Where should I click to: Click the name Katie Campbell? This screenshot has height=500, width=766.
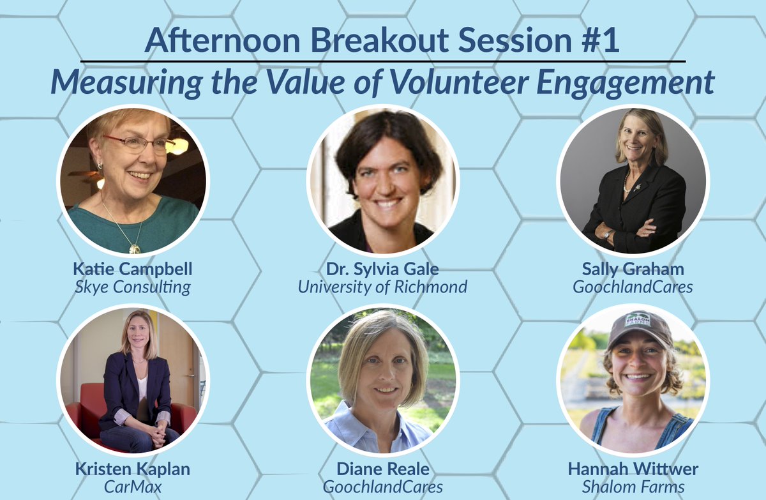(x=133, y=269)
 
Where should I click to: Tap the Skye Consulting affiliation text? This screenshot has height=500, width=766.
(x=133, y=287)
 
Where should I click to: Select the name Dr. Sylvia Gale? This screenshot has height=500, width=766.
(x=382, y=269)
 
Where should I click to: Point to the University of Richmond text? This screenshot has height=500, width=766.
(x=382, y=287)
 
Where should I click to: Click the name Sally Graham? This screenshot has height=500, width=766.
(x=633, y=269)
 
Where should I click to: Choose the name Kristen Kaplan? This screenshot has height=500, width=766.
(x=133, y=469)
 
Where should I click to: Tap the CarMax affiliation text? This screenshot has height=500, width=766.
(x=133, y=487)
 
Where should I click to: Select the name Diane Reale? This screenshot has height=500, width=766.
(x=382, y=469)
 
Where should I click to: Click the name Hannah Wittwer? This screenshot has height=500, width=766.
(x=633, y=469)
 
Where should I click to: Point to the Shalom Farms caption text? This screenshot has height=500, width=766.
(x=633, y=487)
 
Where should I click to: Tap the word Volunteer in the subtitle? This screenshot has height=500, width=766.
(x=459, y=82)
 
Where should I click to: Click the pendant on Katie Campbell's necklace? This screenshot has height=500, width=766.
(x=135, y=248)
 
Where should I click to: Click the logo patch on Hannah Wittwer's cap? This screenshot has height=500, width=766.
(x=638, y=320)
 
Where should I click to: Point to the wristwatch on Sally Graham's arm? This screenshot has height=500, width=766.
(x=608, y=234)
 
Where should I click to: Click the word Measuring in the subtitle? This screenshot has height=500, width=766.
(x=126, y=83)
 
